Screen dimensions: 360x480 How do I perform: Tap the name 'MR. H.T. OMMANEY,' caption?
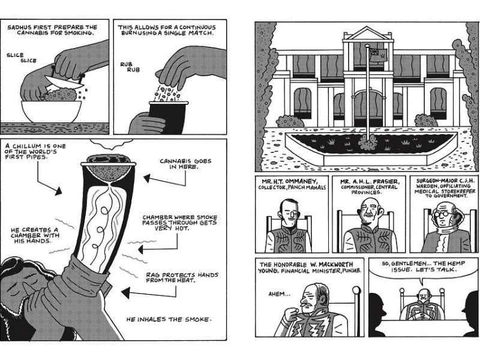click(x=286, y=180)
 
